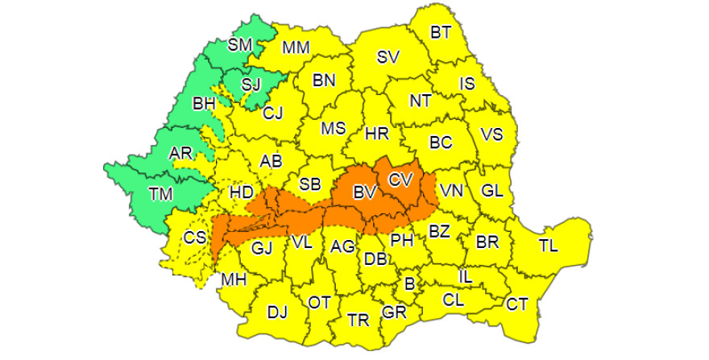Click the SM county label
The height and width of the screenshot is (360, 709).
tap(240, 44)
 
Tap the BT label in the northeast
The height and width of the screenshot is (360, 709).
tap(441, 33)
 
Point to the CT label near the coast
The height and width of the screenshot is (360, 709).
tap(516, 304)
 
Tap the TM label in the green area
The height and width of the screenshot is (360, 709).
tap(160, 193)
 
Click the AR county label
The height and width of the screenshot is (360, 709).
tap(180, 153)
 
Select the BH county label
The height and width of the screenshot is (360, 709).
tap(204, 103)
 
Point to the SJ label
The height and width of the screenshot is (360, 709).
tap(251, 84)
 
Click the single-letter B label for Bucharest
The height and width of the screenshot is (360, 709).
tap(409, 283)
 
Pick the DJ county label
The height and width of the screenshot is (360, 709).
tap(277, 312)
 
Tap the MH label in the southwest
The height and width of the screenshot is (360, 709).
tap(234, 279)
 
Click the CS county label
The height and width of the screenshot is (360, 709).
tap(195, 238)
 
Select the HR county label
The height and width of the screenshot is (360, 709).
tap(377, 133)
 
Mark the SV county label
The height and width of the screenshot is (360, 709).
tap(388, 57)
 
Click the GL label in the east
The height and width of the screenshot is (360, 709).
tap(491, 190)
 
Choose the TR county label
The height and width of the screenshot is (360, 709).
tap(359, 320)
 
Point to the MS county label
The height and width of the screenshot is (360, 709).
tap(333, 128)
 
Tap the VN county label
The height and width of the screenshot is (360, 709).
tap(451, 191)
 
